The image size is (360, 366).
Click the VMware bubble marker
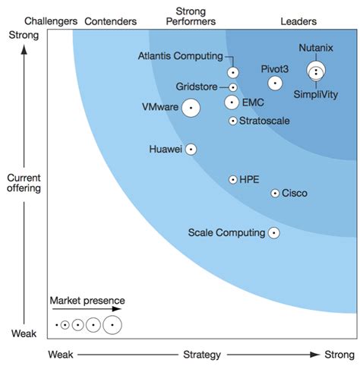pos(191,108)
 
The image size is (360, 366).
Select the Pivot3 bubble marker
pos(275,83)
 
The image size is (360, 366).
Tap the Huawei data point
pos(191,150)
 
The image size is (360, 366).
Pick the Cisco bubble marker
pos(275,194)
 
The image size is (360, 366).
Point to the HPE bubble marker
pos(233,180)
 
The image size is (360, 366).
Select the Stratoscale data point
pos(232,121)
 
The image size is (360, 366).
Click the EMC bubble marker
pos(232,102)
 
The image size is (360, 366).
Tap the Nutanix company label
pos(317,47)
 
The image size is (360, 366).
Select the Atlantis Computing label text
pos(181,55)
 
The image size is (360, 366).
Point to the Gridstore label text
pos(197,87)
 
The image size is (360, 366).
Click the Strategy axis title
pos(202,355)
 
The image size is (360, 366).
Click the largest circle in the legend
pos(113,325)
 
